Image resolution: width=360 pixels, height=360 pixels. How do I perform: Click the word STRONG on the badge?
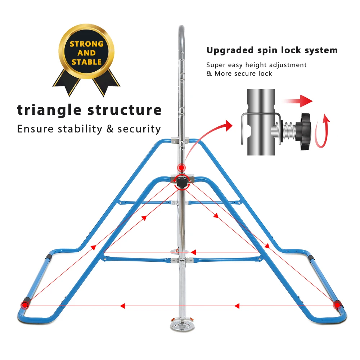[x=86, y=44]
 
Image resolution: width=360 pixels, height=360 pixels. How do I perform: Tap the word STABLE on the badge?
[x=86, y=62]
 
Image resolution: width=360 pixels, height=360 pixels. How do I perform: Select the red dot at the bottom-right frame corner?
[x=337, y=305]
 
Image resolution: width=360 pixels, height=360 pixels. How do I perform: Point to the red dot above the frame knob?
[x=181, y=167]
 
